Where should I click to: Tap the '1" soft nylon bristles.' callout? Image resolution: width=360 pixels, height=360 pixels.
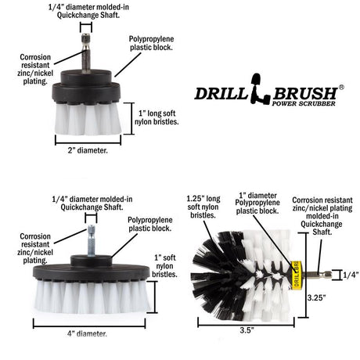click(164, 267)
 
